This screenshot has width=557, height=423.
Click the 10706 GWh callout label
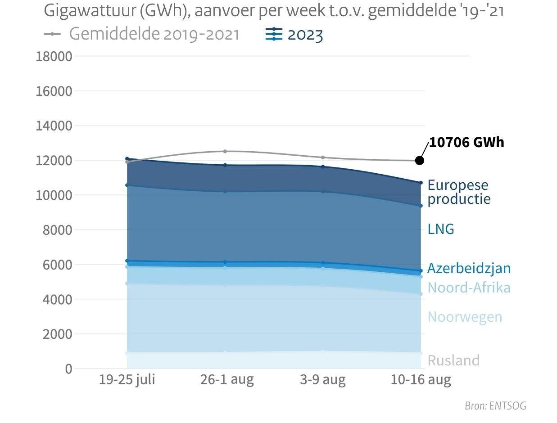466,142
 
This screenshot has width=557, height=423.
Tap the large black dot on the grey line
420,161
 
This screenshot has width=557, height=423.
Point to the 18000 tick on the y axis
54,57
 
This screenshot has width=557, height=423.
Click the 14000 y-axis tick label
54,126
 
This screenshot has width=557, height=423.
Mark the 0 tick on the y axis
68,369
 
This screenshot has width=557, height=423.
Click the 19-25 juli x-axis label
127,380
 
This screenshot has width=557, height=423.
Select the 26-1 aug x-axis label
227,380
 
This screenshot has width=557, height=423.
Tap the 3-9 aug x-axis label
323,380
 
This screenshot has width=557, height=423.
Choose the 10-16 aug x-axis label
421,380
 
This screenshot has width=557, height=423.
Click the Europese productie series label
458,192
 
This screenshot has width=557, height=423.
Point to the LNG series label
441,229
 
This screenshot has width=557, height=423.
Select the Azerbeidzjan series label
469,268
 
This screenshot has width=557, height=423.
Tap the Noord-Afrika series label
469,288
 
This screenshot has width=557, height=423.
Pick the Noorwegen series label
465,317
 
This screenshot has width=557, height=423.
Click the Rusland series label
453,360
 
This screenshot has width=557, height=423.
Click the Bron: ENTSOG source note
495,406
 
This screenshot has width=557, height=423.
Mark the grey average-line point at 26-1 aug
225,151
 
